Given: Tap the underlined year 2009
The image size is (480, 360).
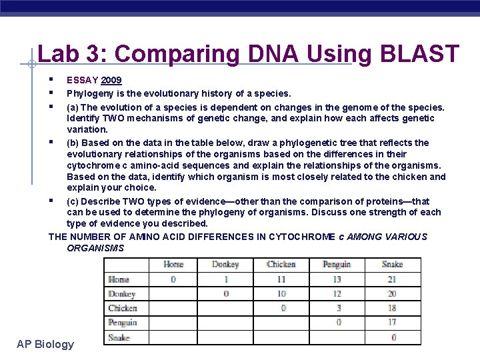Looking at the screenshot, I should click(x=111, y=81).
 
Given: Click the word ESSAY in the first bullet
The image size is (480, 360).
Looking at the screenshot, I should click(x=82, y=81).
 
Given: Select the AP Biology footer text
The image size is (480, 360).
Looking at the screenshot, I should click(x=45, y=344).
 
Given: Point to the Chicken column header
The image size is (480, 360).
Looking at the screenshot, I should click(x=281, y=265).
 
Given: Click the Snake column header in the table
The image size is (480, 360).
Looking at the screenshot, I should click(x=392, y=265).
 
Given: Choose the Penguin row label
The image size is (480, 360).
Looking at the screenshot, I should click(x=123, y=323).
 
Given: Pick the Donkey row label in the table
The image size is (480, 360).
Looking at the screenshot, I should click(x=122, y=294).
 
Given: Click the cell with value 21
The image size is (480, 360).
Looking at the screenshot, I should click(x=392, y=279).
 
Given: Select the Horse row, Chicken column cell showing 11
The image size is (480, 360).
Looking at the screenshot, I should click(x=281, y=279).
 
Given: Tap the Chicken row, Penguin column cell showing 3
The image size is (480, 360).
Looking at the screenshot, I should click(x=338, y=308).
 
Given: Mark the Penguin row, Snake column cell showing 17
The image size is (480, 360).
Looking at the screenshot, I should click(x=392, y=323).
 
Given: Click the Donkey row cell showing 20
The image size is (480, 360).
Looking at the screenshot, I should click(x=392, y=294).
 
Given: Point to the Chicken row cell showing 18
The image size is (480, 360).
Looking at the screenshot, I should click(x=392, y=308).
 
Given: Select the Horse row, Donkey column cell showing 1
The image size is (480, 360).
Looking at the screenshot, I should click(x=226, y=279).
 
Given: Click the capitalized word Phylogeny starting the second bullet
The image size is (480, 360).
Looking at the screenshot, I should click(x=89, y=94).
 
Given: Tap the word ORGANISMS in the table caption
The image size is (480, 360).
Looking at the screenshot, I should click(x=95, y=248).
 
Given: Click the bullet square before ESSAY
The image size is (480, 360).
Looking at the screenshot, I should click(x=51, y=79).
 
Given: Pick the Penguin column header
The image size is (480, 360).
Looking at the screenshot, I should click(x=337, y=265).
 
